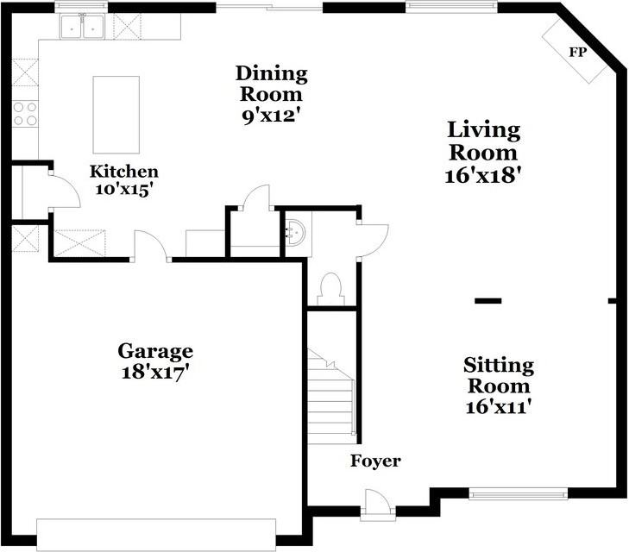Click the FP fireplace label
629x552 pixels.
pyautogui.click(x=577, y=52)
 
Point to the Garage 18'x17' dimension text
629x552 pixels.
pyautogui.click(x=155, y=373)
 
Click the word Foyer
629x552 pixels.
pyautogui.click(x=375, y=461)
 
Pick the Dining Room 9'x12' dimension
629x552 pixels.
pyautogui.click(x=272, y=115)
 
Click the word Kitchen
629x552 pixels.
pyautogui.click(x=124, y=171)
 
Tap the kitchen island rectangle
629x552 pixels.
pyautogui.click(x=116, y=115)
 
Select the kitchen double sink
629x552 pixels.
pyautogui.click(x=82, y=28)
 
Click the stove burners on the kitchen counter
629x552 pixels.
pyautogui.click(x=26, y=114)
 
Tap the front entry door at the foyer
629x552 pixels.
pyautogui.click(x=377, y=505)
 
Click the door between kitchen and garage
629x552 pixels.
pyautogui.click(x=151, y=247)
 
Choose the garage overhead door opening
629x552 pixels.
pyautogui.click(x=156, y=535)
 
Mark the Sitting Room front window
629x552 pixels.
pyautogui.click(x=518, y=494)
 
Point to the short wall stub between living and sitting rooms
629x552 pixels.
pyautogui.click(x=487, y=301)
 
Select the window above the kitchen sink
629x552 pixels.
pyautogui.click(x=81, y=7)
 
